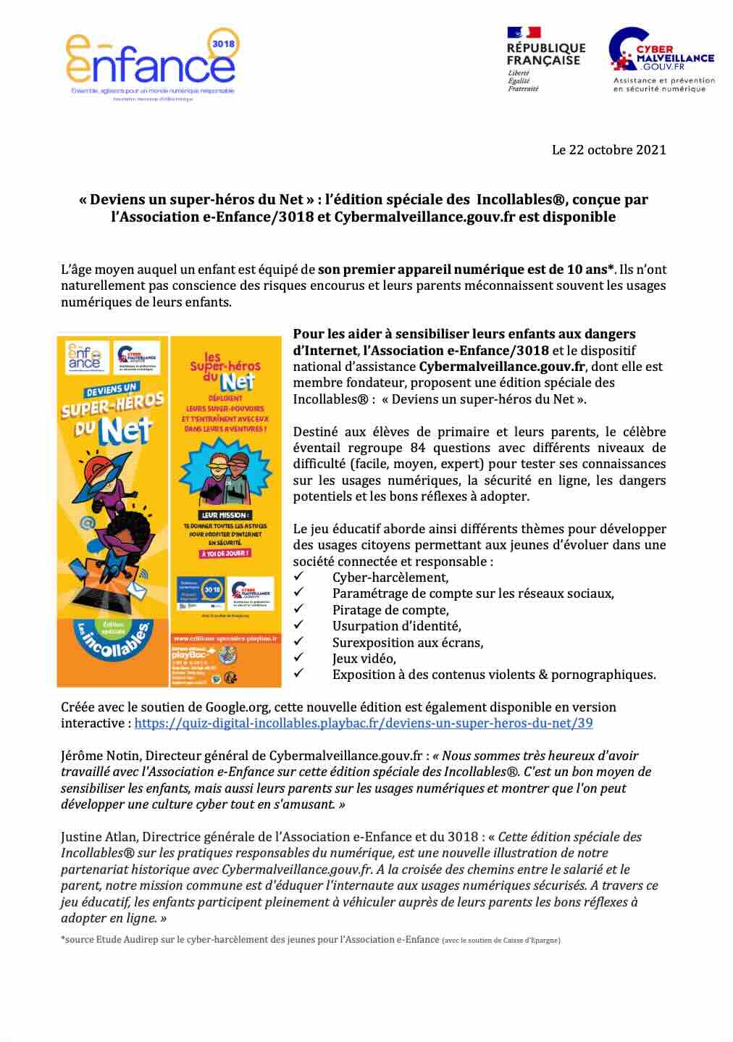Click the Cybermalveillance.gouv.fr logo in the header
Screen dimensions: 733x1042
pyautogui.click(x=661, y=59)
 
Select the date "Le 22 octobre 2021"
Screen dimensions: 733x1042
pyautogui.click(x=608, y=150)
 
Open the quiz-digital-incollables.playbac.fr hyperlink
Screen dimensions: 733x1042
pyautogui.click(x=364, y=723)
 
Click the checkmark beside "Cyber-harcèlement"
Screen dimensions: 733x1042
pyautogui.click(x=298, y=577)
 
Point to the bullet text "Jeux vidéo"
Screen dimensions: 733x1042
pyautogui.click(x=364, y=659)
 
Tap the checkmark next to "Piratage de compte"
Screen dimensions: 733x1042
pyautogui.click(x=298, y=609)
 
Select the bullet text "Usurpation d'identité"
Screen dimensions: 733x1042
pyautogui.click(x=396, y=626)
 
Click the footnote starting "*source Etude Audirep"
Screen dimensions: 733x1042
pyautogui.click(x=250, y=940)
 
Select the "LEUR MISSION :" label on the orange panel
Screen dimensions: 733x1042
pyautogui.click(x=225, y=515)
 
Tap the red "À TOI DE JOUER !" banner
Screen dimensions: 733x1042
pyautogui.click(x=225, y=554)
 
